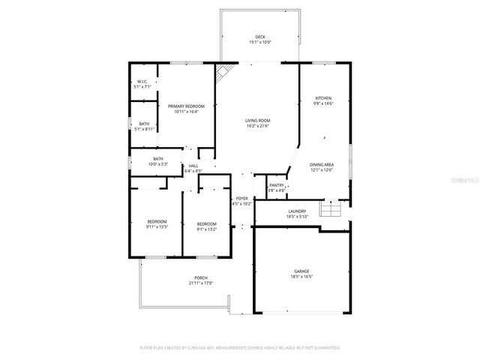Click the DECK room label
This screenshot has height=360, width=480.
260,37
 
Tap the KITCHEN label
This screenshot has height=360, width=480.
323,98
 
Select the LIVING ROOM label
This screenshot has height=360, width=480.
258,120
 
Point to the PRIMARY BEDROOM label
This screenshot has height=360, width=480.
186,106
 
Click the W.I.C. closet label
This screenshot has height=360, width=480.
142,82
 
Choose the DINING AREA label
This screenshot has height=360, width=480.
322,164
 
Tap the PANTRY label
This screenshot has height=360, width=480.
277,184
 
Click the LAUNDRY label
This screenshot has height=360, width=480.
298,211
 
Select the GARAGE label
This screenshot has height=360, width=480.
301,271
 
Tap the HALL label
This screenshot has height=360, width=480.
193,166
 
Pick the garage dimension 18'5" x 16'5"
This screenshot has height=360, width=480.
301,277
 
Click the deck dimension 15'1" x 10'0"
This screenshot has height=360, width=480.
260,42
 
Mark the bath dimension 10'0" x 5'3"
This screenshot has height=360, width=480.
157,163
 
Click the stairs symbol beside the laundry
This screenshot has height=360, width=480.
330,208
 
